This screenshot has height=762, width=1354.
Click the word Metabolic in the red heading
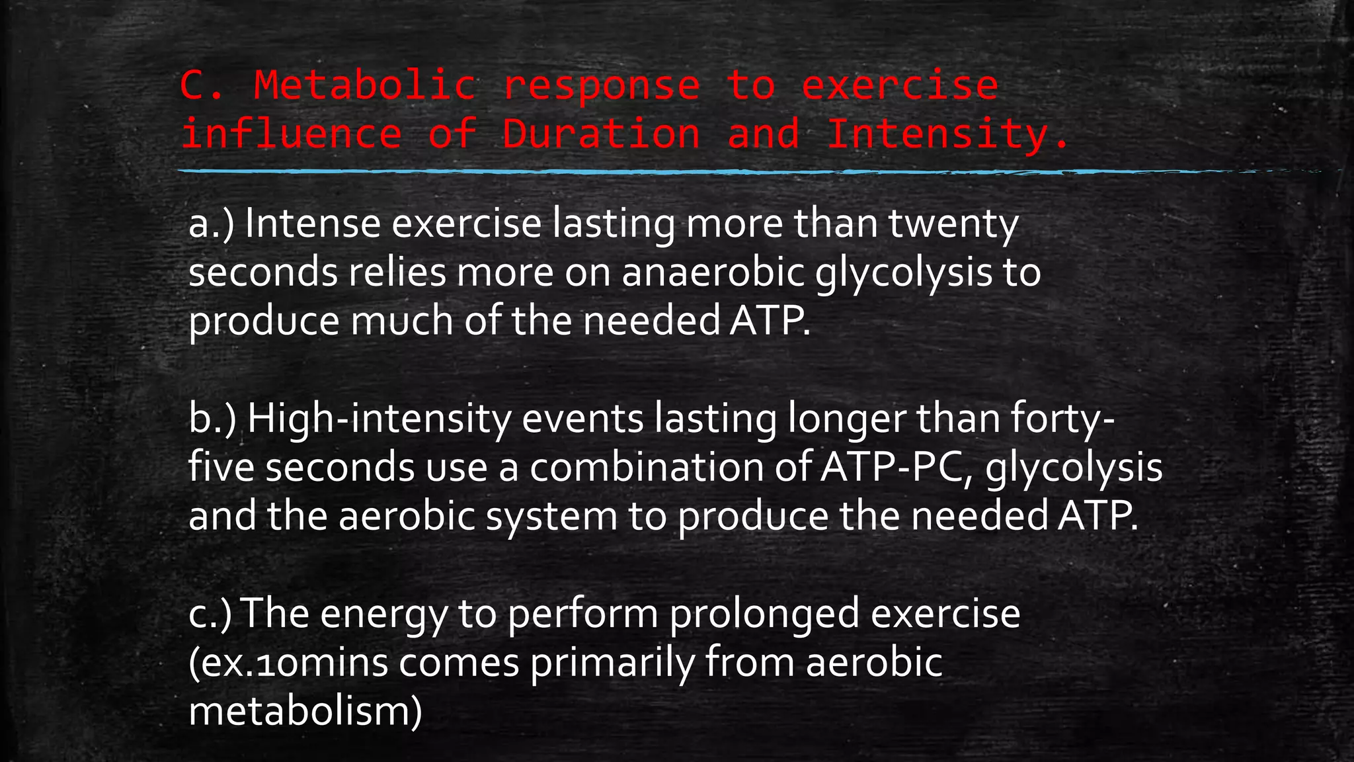click(x=364, y=86)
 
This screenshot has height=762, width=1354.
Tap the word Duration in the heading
click(x=600, y=134)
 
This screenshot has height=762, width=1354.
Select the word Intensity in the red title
click(x=937, y=134)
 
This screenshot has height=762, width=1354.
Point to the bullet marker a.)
click(x=212, y=225)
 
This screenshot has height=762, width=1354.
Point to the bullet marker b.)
click(x=212, y=419)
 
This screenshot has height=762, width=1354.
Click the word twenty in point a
click(x=953, y=225)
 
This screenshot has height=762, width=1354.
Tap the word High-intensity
click(x=379, y=419)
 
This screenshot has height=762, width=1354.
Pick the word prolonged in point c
click(x=764, y=614)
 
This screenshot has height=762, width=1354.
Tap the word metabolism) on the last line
click(x=305, y=712)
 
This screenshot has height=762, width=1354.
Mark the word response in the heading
click(x=601, y=86)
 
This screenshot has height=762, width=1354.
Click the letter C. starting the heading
click(x=202, y=86)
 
